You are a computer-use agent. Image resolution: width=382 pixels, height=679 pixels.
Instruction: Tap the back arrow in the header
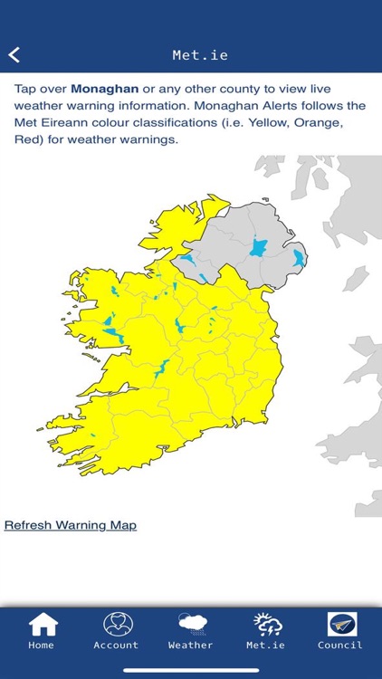[14, 55]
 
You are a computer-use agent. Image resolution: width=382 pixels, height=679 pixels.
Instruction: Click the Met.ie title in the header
[200, 55]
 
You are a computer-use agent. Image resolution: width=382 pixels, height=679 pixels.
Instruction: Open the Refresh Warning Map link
[71, 525]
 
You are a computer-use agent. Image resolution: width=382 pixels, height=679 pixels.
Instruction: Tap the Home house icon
[43, 624]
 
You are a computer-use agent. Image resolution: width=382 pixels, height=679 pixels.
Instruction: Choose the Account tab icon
[117, 624]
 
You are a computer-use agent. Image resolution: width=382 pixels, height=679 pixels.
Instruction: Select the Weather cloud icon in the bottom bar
[191, 624]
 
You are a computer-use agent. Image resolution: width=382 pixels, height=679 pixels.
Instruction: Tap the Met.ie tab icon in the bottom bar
[266, 624]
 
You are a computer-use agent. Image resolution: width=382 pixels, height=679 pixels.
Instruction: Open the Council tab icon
[341, 624]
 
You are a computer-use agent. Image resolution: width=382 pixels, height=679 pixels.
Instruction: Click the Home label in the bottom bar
[42, 646]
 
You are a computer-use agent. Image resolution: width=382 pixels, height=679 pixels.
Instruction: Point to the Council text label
[340, 646]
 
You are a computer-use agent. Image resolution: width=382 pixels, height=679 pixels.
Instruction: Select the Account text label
[117, 646]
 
